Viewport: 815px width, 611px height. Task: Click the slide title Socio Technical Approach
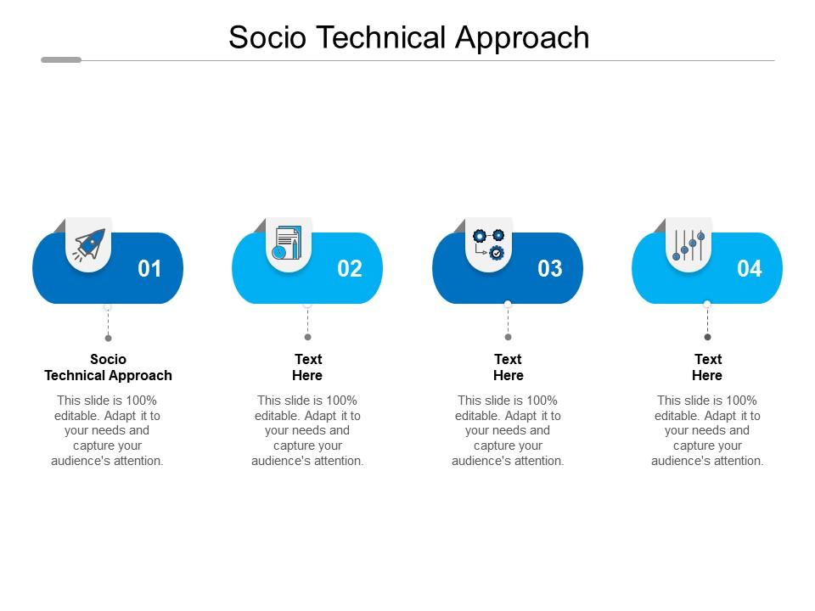click(x=408, y=37)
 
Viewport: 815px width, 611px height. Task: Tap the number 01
click(x=149, y=269)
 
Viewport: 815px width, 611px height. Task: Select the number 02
click(x=350, y=269)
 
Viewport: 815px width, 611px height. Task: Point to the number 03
click(x=550, y=269)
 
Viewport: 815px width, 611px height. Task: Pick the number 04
click(x=750, y=269)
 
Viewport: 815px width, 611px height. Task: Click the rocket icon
click(x=89, y=245)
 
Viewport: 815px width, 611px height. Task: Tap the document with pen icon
click(x=287, y=243)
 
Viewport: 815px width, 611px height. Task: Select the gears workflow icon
click(x=488, y=244)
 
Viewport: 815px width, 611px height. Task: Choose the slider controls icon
click(x=689, y=245)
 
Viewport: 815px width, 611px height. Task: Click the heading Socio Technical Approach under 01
click(x=108, y=367)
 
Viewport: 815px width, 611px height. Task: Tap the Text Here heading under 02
click(x=307, y=367)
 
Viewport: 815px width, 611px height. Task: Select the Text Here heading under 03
click(x=508, y=367)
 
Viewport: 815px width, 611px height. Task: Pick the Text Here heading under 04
click(x=707, y=367)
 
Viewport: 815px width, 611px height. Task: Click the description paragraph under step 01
click(x=108, y=430)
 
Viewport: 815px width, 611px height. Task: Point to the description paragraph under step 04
click(x=707, y=430)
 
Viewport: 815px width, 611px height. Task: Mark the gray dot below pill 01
click(x=108, y=338)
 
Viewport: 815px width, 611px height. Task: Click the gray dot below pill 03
click(x=508, y=337)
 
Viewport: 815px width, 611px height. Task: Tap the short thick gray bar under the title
click(x=61, y=60)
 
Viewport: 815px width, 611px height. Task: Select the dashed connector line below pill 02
click(x=307, y=322)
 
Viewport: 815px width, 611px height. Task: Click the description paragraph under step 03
click(x=508, y=430)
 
